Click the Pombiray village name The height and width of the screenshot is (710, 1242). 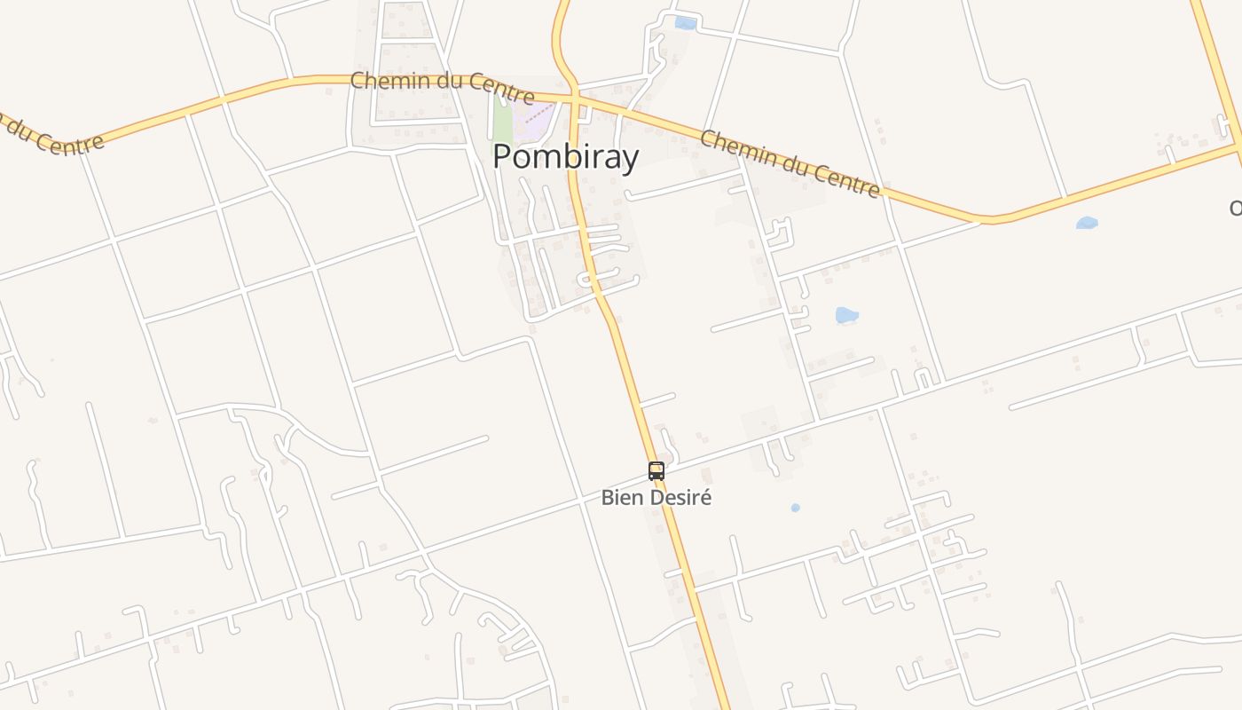coord(565,157)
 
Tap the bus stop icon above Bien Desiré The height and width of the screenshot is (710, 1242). coord(656,471)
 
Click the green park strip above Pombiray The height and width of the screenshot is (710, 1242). coord(503,121)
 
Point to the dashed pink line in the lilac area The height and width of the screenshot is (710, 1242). coord(538,114)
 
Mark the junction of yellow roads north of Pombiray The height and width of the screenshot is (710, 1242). coord(574,96)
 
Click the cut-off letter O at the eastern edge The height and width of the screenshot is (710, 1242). coord(1236,208)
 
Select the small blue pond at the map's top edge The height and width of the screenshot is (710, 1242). coord(685,23)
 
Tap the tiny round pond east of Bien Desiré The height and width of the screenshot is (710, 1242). coord(795,508)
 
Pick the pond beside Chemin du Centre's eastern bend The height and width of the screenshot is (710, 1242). coord(1087,223)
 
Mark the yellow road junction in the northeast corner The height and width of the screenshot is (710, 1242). coord(1237,142)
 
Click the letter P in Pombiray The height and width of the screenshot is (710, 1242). coord(502,157)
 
